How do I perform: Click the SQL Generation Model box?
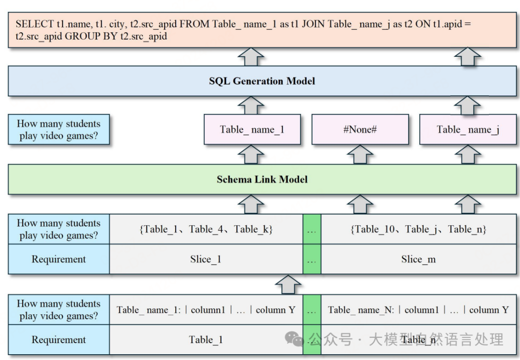pyautogui.click(x=262, y=81)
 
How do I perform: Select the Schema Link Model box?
pyautogui.click(x=262, y=180)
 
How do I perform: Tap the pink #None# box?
pyautogui.click(x=360, y=129)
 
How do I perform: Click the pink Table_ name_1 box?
pyautogui.click(x=252, y=129)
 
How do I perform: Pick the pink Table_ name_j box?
pyautogui.click(x=468, y=129)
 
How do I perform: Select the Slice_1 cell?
pyautogui.click(x=206, y=259)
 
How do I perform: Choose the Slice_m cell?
pyautogui.click(x=418, y=259)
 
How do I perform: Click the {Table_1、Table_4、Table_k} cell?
pyautogui.click(x=206, y=229)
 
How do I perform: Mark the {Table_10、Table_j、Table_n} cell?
pyautogui.click(x=418, y=229)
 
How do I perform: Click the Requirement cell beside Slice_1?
pyautogui.click(x=59, y=259)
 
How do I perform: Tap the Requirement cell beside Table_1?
pyautogui.click(x=59, y=340)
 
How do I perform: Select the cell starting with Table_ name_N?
pyautogui.click(x=418, y=309)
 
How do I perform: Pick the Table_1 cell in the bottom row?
pyautogui.click(x=206, y=340)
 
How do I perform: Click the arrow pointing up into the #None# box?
pyautogui.click(x=360, y=154)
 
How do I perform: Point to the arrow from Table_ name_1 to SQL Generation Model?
pyautogui.click(x=251, y=105)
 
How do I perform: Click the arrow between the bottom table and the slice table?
pyautogui.click(x=288, y=284)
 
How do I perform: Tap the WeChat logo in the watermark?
pyautogui.click(x=294, y=339)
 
